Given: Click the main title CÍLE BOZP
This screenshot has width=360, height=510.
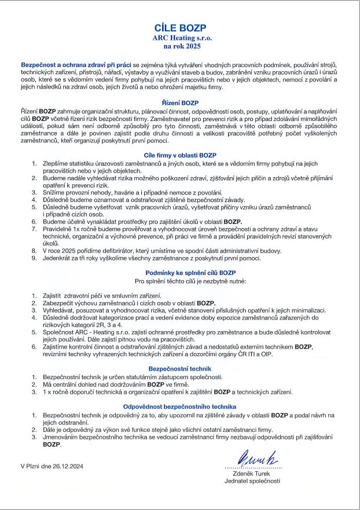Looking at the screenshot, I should point(179,27).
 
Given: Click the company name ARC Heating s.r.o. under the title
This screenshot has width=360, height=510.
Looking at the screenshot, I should point(179,36).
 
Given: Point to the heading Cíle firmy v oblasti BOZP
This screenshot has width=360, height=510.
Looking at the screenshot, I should point(179,155).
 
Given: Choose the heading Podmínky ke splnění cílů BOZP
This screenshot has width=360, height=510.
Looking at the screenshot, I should point(179,272).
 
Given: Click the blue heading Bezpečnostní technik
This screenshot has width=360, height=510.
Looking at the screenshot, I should point(179,368).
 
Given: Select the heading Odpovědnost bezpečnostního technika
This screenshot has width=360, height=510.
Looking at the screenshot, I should point(179,407).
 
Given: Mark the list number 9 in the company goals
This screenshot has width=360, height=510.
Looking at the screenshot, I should point(34,258).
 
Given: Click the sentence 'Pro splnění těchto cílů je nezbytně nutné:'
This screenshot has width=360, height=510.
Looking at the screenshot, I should point(191,281).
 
